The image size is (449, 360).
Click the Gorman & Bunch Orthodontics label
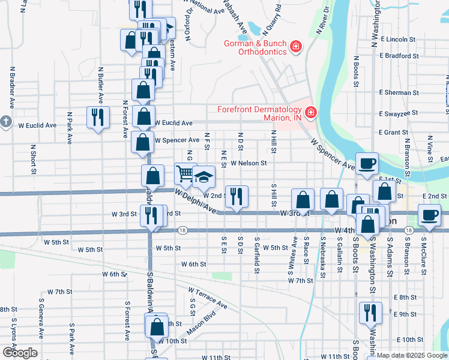click(x=255, y=47)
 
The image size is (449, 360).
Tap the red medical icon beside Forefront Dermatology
click(x=310, y=112)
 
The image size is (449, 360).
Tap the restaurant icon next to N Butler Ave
click(x=96, y=117)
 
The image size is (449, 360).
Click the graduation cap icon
click(x=204, y=176)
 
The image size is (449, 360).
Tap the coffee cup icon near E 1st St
click(x=367, y=163)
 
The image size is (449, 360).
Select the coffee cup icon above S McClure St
click(x=429, y=215)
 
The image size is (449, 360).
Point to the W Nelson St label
click(x=249, y=163)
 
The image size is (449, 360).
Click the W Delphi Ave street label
click(x=195, y=202)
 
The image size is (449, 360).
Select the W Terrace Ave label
click(x=208, y=298)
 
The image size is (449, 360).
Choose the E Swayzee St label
click(x=399, y=113)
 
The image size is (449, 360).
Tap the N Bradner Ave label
click(x=11, y=82)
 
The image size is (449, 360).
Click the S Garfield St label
click(x=256, y=257)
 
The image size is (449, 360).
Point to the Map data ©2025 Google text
click(x=412, y=355)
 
